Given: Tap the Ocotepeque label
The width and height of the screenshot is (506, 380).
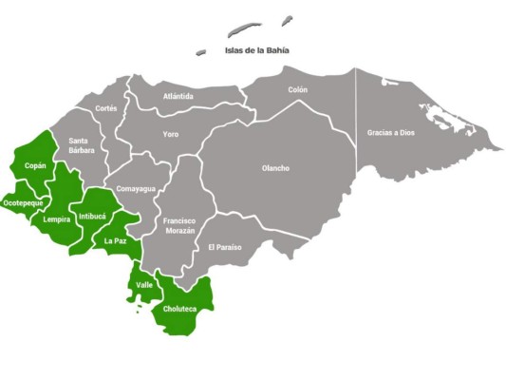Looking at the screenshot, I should pos(21,202).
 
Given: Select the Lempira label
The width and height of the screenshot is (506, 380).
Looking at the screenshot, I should pos(57,220).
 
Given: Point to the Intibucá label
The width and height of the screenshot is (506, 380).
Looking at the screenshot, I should pos(93,217).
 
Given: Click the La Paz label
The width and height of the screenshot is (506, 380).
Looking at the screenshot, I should pos(115,241).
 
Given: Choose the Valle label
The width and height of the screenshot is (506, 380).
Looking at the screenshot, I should pos(144,285).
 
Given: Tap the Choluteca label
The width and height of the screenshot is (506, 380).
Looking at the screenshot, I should pos(180,309).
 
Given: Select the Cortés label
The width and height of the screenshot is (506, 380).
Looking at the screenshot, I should pos(106,108).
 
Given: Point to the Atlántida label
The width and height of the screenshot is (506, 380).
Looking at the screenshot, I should pos(178,97).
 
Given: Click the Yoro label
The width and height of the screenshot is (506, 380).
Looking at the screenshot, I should pos(170,134).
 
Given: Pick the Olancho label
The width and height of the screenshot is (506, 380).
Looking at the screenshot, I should pos(275,169).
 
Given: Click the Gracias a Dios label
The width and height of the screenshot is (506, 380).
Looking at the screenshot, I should pos(392,133).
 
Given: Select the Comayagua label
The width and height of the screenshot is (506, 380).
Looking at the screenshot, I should pos(136,189).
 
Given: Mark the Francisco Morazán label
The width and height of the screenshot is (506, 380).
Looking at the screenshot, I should pos(178,225).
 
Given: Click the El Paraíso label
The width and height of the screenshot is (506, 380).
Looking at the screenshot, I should pos(225,247).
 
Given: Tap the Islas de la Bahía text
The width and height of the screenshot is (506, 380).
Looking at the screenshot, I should pos(256,51).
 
